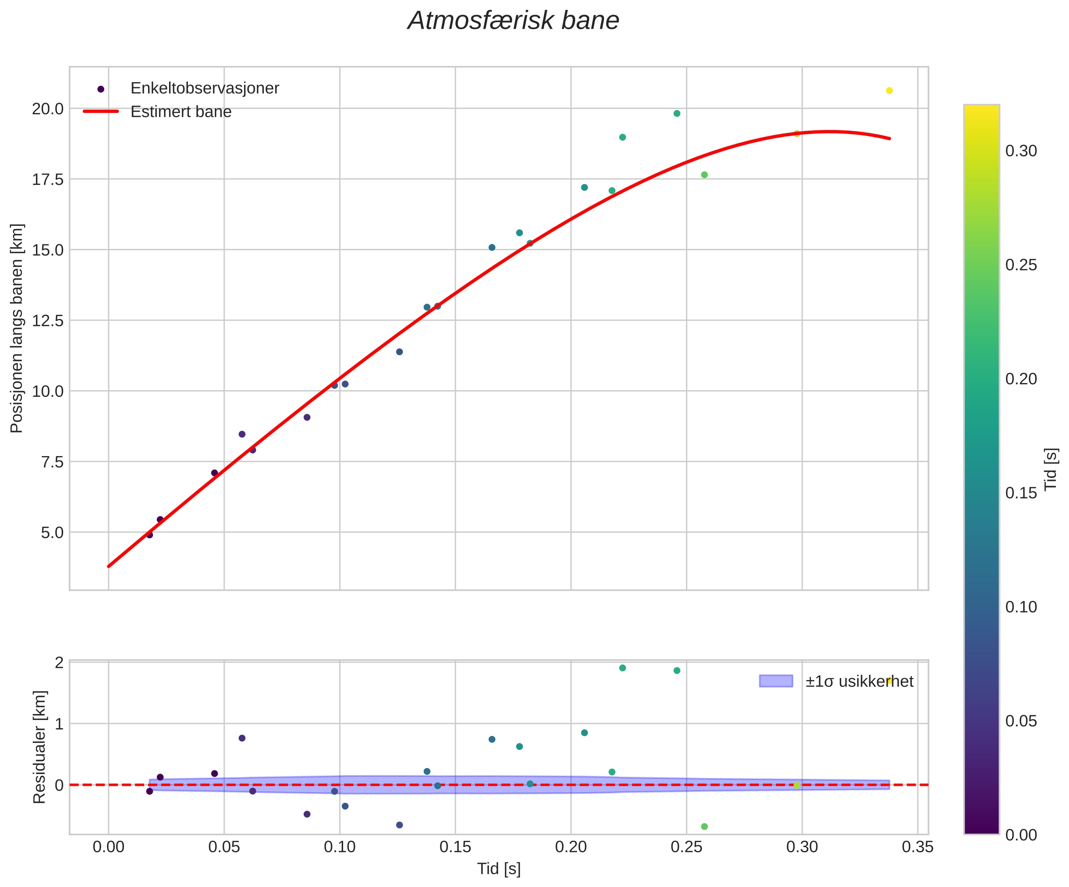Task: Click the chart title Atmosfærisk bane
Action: (x=513, y=21)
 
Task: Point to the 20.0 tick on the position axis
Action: (x=48, y=109)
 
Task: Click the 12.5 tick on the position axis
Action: (x=48, y=321)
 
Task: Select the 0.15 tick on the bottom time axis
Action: (x=455, y=847)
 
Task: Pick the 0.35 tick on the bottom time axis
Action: (x=918, y=847)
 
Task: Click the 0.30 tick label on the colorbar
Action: (x=1021, y=151)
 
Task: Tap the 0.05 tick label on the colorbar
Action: (x=1021, y=722)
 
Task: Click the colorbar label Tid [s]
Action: (x=1051, y=469)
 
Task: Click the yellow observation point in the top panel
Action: (x=889, y=90)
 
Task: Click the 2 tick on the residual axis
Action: (x=59, y=662)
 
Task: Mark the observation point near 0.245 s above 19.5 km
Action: (x=677, y=114)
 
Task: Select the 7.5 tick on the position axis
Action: (x=48, y=462)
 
